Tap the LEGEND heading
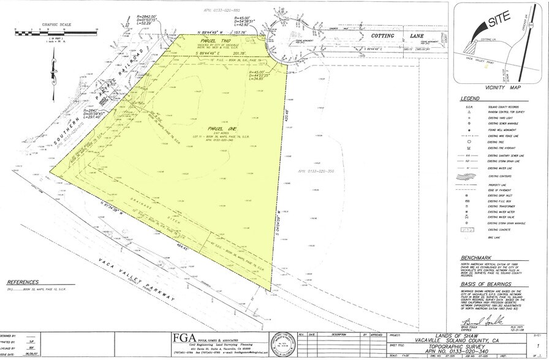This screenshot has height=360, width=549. [471, 98]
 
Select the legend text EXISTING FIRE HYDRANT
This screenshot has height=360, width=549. [501, 148]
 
